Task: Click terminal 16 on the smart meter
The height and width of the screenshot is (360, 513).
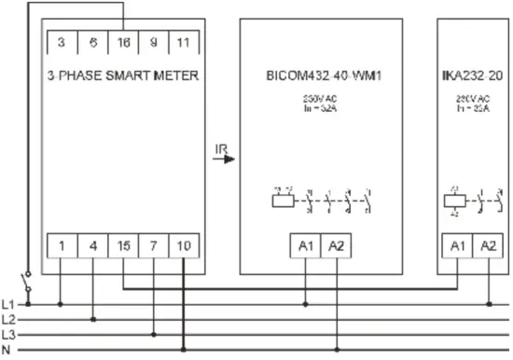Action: pos(124,42)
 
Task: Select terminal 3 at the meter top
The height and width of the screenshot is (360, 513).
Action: pos(61,42)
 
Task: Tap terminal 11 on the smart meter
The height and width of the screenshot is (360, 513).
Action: pos(184,42)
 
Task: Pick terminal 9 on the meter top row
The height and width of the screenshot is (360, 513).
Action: pos(154,42)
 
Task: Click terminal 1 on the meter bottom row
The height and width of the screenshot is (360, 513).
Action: pos(61,246)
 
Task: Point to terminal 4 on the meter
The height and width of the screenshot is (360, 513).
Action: pos(92,246)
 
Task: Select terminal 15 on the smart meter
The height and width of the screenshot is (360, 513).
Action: pos(124,246)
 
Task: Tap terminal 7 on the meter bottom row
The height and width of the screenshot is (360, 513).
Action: pos(154,246)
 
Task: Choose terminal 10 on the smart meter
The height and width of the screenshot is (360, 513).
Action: pos(184,246)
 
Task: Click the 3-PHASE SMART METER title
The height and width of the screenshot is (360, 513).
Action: pos(122,76)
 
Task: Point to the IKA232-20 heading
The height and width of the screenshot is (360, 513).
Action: pos(473,76)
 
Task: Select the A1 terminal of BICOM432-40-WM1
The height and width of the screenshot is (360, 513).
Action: pos(307,246)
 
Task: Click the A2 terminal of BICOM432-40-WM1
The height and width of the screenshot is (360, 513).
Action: pos(337,246)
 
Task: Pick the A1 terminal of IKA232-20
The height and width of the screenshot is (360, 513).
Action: pos(457,246)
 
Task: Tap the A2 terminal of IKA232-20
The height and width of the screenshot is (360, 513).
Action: pos(488,246)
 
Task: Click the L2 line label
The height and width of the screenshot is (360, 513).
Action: pos(8,319)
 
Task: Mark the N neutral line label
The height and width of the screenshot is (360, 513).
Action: pos(8,350)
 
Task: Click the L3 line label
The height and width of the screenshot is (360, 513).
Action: pos(8,334)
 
